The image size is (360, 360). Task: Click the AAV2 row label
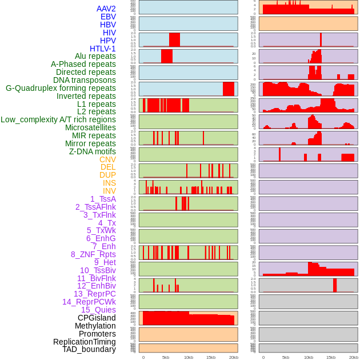pos(106,9)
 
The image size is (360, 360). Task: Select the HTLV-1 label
pos(102,49)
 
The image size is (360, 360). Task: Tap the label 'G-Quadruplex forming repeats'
pos(61,88)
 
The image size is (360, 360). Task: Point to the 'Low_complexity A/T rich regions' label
pos(58,119)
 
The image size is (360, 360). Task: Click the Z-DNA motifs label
pos(92,151)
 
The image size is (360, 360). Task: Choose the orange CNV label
pos(107,159)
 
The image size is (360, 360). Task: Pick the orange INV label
pos(109,191)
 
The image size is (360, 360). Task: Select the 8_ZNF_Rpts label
pos(93,254)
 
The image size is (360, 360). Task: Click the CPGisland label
pos(97,318)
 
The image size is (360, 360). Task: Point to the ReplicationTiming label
pos(84,342)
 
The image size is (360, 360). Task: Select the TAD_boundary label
pos(89,349)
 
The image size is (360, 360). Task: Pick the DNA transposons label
pos(84,80)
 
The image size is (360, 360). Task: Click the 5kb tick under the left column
pos(165,357)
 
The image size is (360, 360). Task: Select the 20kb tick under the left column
pos(233,357)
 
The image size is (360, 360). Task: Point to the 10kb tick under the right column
pos(308,357)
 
